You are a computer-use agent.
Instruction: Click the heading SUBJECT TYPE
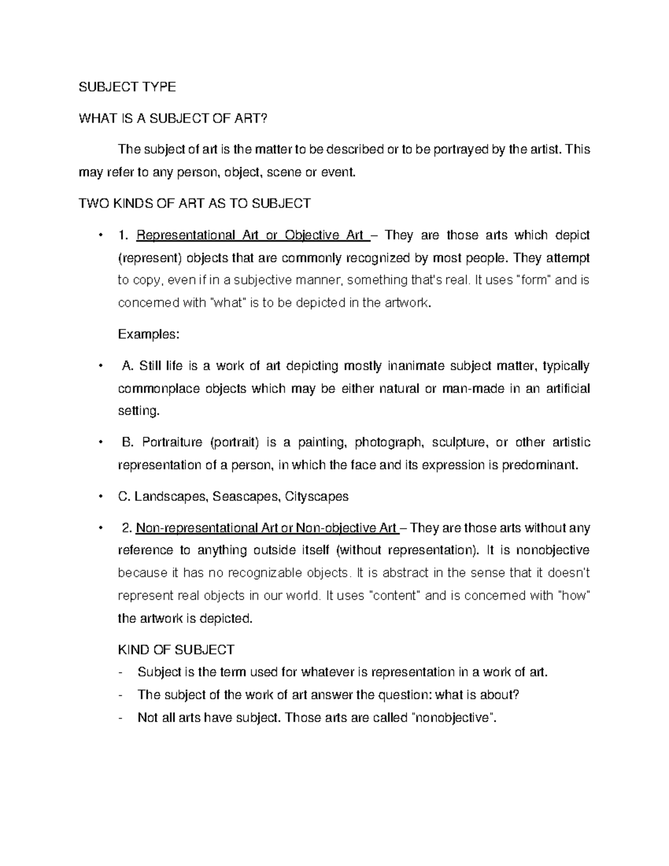[128, 86]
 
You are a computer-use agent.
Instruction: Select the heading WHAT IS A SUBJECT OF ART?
[173, 118]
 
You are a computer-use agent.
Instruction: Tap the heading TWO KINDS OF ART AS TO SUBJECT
[195, 204]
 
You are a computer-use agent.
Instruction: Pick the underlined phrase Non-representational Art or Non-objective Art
[267, 528]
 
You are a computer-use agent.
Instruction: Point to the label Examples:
[149, 335]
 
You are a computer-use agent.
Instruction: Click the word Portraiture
[172, 443]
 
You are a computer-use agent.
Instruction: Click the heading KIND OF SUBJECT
[176, 650]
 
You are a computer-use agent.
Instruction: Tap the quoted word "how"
[574, 596]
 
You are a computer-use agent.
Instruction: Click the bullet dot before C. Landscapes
[99, 496]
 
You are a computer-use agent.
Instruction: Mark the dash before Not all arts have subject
[121, 718]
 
